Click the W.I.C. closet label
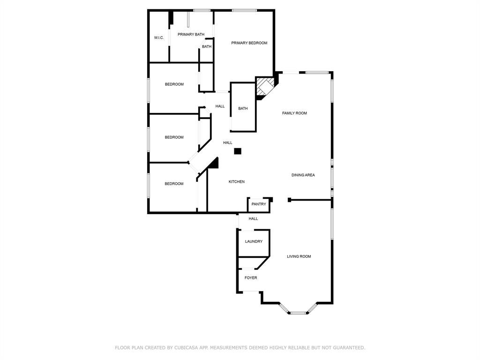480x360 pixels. [x=159, y=37]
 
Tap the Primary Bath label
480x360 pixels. [x=191, y=34]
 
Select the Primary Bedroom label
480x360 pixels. [x=249, y=43]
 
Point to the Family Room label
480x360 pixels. [x=294, y=113]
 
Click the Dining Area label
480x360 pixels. [x=303, y=175]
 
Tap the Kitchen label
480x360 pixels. [x=237, y=181]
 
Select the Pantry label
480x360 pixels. [x=259, y=204]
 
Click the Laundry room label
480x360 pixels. [x=254, y=241]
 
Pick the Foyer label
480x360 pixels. [x=251, y=277]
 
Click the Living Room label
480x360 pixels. [x=299, y=256]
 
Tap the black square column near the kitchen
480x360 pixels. [x=238, y=151]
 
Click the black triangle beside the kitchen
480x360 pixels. [x=214, y=164]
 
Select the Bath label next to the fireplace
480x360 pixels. [x=243, y=108]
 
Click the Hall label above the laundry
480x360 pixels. [x=253, y=218]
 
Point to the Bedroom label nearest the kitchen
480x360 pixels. [x=174, y=184]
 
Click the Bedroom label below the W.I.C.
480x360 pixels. [x=174, y=84]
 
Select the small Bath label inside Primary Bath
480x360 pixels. [x=207, y=46]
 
